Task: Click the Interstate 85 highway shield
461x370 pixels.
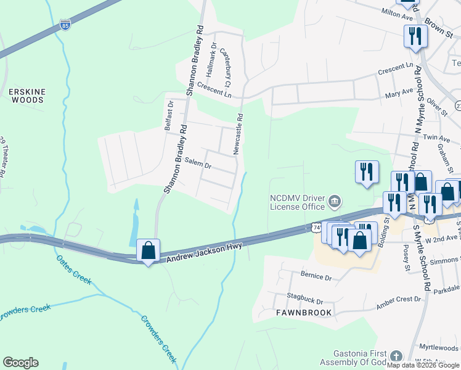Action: tap(65, 25)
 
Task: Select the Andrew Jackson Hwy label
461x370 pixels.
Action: tap(205, 252)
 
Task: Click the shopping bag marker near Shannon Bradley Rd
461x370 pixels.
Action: tap(148, 250)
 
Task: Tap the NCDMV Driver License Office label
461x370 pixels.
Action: tap(296, 202)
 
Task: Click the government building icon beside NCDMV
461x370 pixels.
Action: tap(335, 201)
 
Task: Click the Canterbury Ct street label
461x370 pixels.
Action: tap(224, 67)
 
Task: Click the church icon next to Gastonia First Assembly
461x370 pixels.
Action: tap(396, 356)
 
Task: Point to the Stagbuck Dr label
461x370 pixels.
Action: tap(303, 301)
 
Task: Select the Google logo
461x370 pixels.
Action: tap(20, 363)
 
